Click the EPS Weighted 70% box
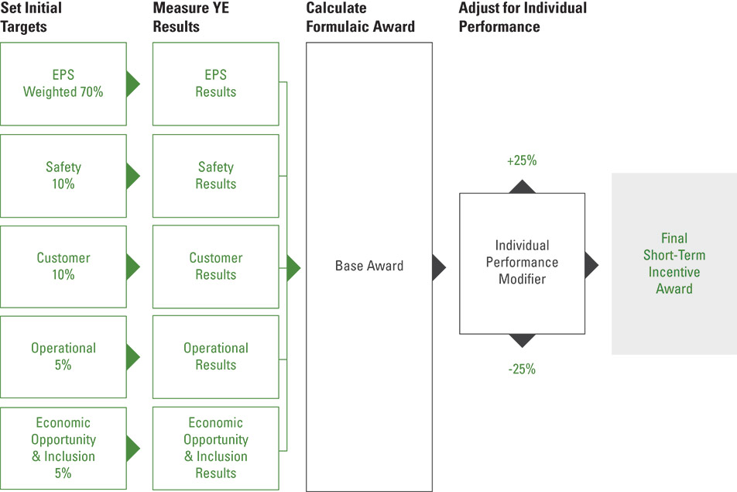point(63,84)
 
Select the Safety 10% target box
point(63,176)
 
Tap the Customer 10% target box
point(63,266)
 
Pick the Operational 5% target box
point(63,356)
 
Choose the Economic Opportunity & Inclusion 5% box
point(63,448)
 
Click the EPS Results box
point(215,84)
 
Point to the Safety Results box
point(215,176)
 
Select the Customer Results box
point(215,266)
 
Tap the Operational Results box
point(215,356)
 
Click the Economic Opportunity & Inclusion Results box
point(215,448)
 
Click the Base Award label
point(368,266)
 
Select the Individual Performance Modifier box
point(521,263)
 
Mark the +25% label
point(521,161)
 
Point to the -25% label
point(521,370)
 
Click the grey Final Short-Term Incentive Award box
point(674,263)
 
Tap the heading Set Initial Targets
point(31,18)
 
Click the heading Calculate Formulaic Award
point(360,18)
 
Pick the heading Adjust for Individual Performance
point(523,18)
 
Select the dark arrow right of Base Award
point(439,267)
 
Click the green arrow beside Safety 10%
point(132,176)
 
